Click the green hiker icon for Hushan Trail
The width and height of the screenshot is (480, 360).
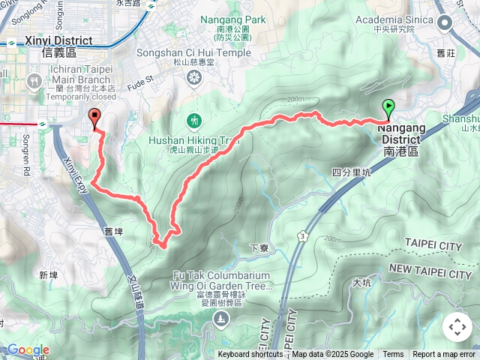(195, 120)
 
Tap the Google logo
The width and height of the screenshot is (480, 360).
(28, 350)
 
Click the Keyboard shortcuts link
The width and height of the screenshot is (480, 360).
(250, 355)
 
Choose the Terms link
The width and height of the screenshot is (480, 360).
(393, 355)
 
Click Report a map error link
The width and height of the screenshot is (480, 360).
(444, 355)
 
